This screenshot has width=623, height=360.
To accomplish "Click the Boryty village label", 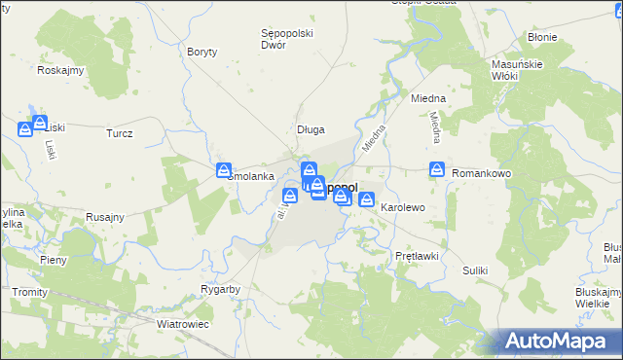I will click(202, 52).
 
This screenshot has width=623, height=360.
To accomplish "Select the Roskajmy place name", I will click(60, 70).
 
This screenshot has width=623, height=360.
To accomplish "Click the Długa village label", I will click(311, 129).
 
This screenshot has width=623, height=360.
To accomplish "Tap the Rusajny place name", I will click(104, 217).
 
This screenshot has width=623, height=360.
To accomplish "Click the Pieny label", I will click(53, 261).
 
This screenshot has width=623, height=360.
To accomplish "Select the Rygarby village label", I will click(220, 290).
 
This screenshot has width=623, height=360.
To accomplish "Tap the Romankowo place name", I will click(482, 173).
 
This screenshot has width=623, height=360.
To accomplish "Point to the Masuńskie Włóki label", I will click(510, 69).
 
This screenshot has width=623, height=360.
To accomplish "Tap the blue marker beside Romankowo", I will click(437, 169).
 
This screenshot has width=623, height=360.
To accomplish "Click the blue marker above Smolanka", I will click(224, 170).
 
